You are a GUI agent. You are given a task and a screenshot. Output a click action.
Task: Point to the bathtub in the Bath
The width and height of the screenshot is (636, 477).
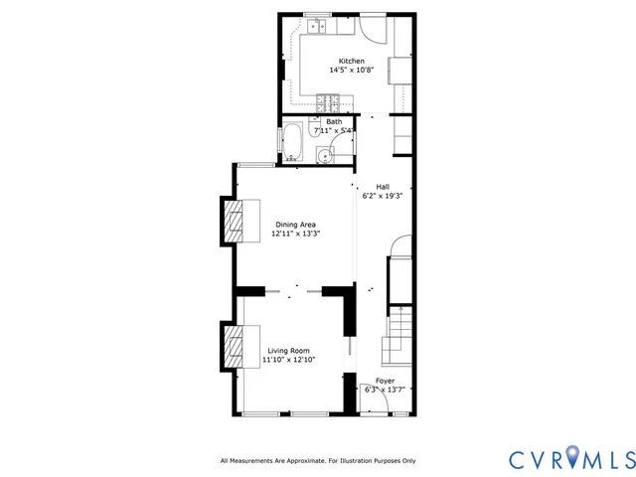[x=293, y=142]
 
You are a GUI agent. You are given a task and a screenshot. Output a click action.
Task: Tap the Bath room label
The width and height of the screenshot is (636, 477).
[x=334, y=121]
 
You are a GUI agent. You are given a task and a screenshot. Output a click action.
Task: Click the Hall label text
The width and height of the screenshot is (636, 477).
[x=382, y=186]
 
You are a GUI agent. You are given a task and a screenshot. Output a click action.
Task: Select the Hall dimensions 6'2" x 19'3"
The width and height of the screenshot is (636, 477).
[x=382, y=196]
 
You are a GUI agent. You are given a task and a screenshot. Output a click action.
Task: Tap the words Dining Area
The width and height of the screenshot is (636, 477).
[x=297, y=225]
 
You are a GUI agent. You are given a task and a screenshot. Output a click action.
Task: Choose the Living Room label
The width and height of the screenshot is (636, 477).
[x=288, y=351]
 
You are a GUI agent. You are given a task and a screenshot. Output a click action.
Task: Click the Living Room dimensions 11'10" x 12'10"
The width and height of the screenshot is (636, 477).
[x=288, y=361]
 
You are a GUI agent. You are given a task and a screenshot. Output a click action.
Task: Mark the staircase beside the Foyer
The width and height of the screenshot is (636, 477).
[x=397, y=334]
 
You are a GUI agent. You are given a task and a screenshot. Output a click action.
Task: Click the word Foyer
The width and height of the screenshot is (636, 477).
[x=385, y=381]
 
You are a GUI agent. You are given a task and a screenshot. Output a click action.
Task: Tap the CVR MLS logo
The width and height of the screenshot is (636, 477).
[x=570, y=458]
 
